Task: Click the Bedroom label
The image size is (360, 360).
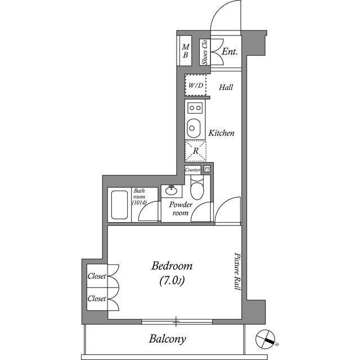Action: click(x=172, y=266)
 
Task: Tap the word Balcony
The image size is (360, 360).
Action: click(x=167, y=339)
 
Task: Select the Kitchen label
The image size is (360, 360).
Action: click(x=221, y=133)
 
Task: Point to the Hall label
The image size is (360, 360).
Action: click(x=226, y=87)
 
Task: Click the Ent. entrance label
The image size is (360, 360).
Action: click(x=229, y=52)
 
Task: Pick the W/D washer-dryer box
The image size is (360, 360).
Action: click(x=196, y=86)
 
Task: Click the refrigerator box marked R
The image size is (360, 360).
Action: click(x=196, y=151)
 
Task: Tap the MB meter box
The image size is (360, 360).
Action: click(x=185, y=51)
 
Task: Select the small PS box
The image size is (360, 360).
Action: click(x=207, y=169)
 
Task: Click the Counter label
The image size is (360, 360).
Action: click(x=193, y=169)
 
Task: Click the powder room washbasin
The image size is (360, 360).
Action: click(x=171, y=190)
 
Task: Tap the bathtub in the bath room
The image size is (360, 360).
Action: click(x=120, y=205)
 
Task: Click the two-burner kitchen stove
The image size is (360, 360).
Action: click(x=195, y=107)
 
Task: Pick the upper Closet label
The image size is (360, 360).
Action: click(x=97, y=276)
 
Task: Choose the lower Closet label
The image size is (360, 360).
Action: click(x=97, y=299)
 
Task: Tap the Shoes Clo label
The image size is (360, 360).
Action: click(x=205, y=51)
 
